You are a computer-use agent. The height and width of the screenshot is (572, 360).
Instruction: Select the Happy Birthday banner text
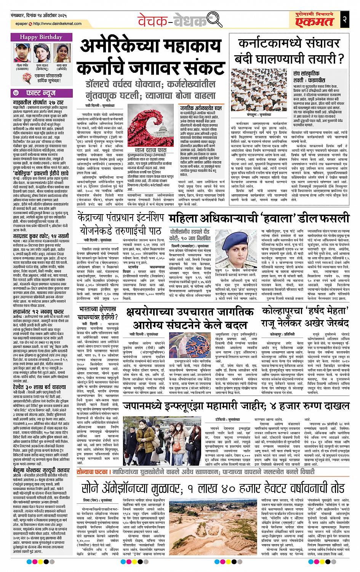click(42, 37)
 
